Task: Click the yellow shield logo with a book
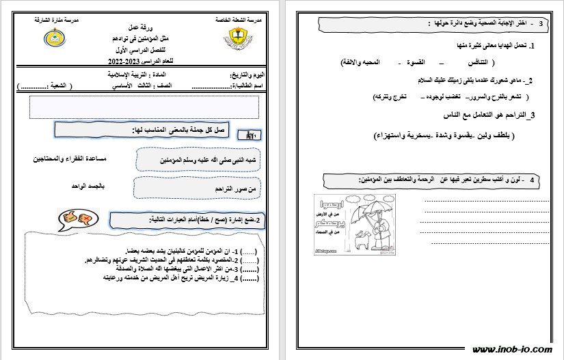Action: click(x=237, y=40)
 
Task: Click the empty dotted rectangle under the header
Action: click(x=144, y=107)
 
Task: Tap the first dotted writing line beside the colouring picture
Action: click(x=485, y=202)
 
